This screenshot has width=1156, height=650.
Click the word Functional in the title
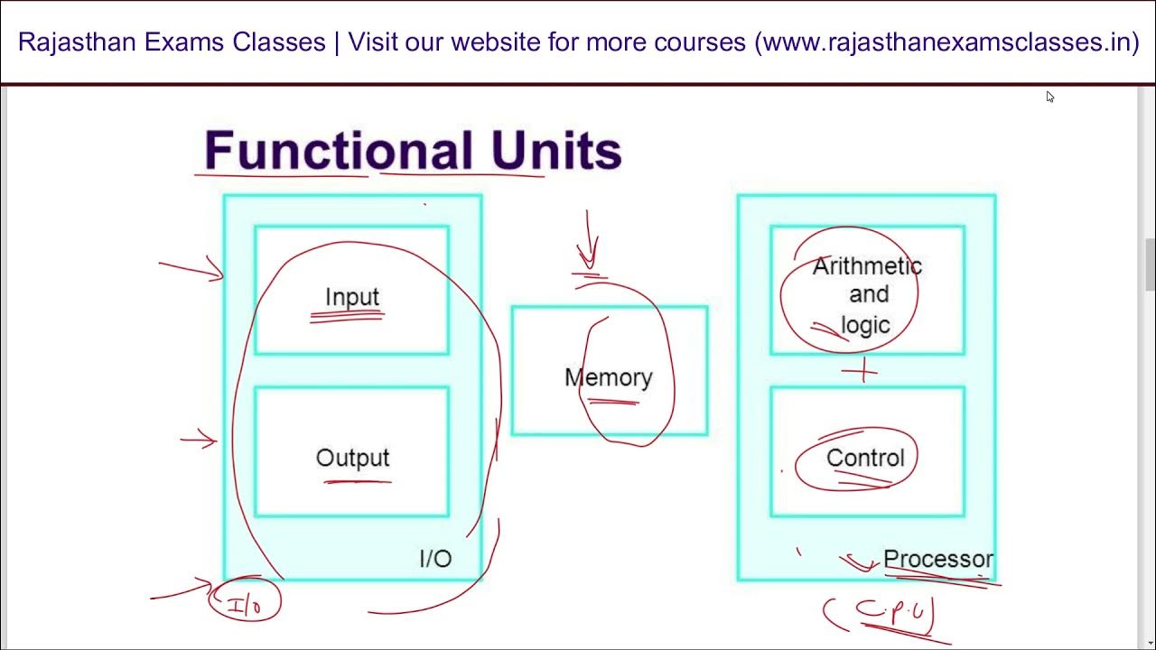point(339,151)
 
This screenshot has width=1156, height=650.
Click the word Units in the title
point(556,151)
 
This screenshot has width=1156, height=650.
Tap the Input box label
point(352,297)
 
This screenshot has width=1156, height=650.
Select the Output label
point(352,458)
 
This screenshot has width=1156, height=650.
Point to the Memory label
point(608,377)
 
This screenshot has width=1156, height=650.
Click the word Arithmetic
point(867,266)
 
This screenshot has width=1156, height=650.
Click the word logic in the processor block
point(865,325)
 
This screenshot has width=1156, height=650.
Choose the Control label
point(865,458)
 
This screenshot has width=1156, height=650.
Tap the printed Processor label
point(937,559)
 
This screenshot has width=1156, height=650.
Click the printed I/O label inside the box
point(435,559)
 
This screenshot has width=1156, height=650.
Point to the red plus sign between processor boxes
point(863,370)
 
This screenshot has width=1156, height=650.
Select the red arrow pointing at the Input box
point(191,268)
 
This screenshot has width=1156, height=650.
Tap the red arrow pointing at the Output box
point(199,441)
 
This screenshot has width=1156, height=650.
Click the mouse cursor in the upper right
point(1049,96)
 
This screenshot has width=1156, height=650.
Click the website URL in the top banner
point(947,42)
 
